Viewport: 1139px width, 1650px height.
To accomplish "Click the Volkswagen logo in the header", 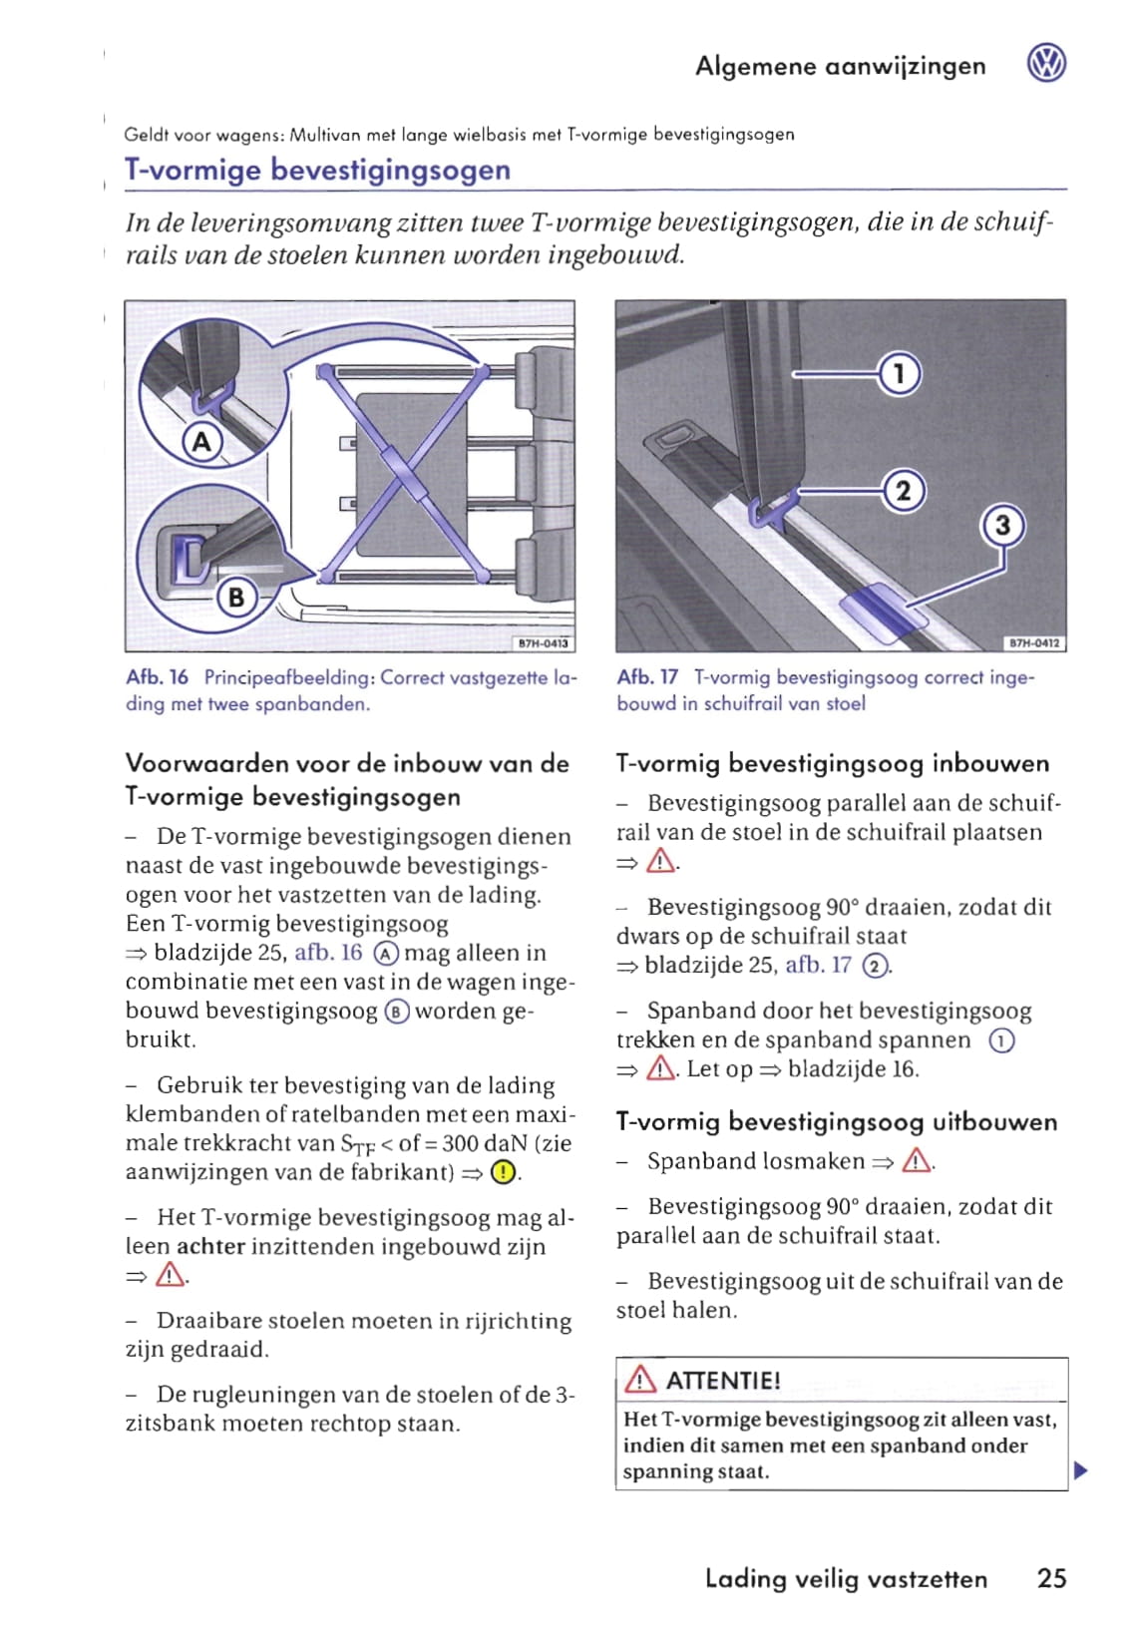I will pos(1046,65).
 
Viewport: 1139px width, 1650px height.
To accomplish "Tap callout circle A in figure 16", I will pos(201,441).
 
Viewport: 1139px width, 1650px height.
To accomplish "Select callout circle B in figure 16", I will pos(236,597).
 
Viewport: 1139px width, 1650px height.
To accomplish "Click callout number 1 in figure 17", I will pos(900,374).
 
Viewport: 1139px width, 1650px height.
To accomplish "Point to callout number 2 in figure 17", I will pos(904,491).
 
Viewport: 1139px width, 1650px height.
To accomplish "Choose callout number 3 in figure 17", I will pos(1003,526).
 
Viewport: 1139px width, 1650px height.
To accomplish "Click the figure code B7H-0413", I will pos(543,643).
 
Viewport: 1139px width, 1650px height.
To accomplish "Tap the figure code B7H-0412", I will pos(1033,643).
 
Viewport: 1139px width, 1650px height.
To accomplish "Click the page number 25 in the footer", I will pos(1051,1578).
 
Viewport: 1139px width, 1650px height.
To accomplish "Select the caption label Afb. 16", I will pos(157,677).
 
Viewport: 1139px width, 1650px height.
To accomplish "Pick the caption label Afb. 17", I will pos(647,677).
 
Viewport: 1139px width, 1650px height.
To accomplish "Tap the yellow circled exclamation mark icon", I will pos(504,1172).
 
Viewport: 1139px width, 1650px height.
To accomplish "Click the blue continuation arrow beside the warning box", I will pos(1079,1470).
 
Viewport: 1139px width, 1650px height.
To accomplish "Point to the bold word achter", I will pos(210,1246).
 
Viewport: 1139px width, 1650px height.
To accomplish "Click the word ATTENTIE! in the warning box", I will pos(723,1381).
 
